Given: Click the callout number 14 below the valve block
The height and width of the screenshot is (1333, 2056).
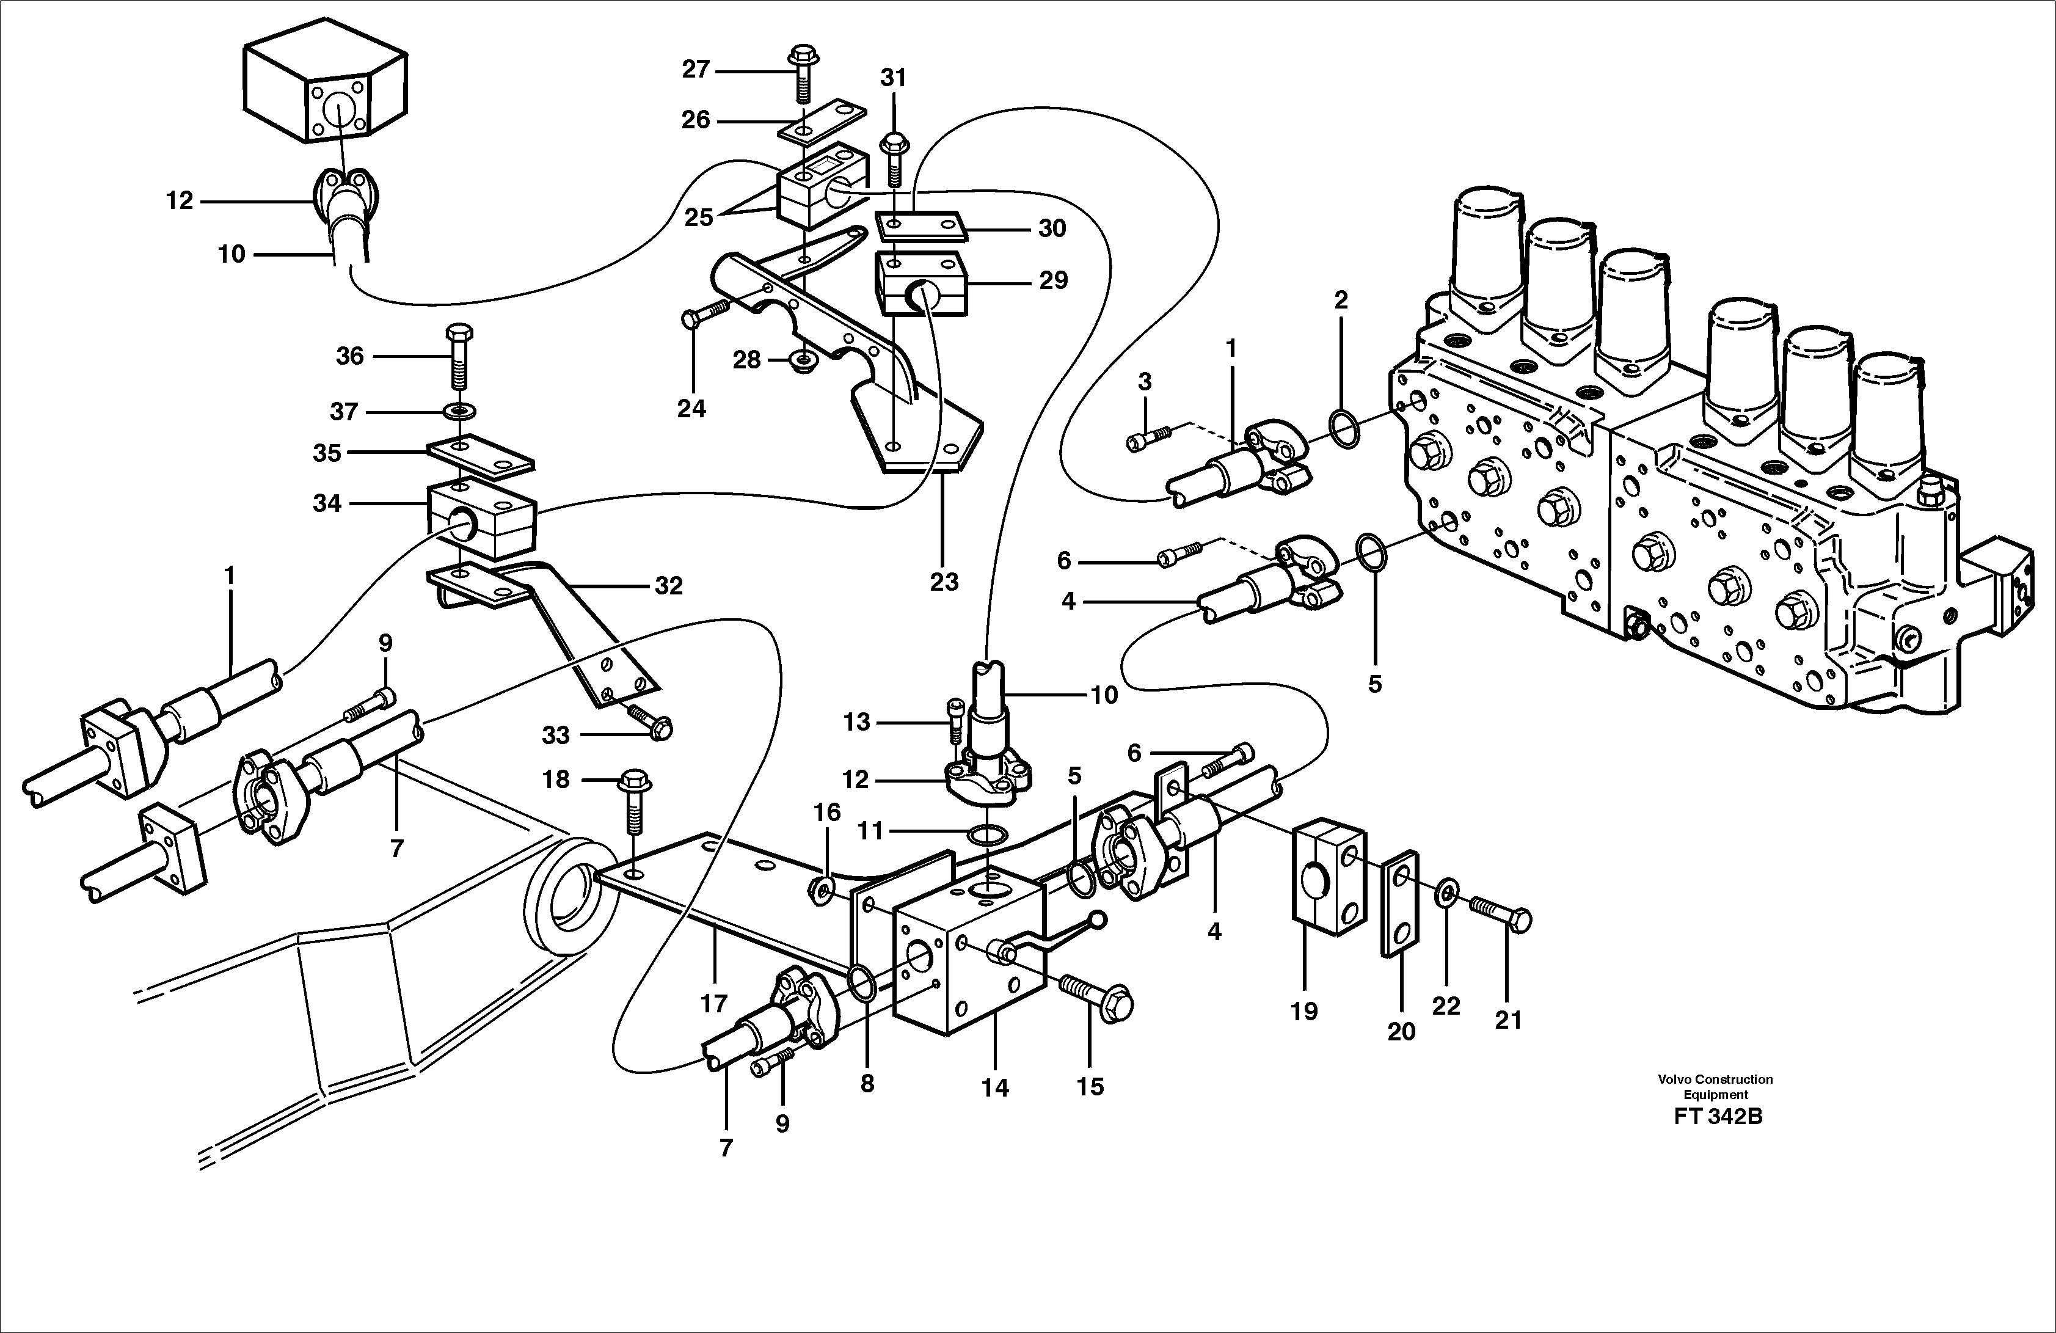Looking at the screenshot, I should [x=994, y=1087].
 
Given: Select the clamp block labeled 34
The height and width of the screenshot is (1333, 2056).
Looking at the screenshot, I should [x=482, y=519].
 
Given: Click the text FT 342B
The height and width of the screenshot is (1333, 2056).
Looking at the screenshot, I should [x=1718, y=1116].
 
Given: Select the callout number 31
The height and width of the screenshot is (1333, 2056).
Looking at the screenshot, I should [x=893, y=78].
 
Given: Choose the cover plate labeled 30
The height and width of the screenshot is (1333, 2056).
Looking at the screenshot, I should [x=919, y=227].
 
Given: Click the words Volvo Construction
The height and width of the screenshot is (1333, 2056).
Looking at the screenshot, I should [x=1715, y=1079].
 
